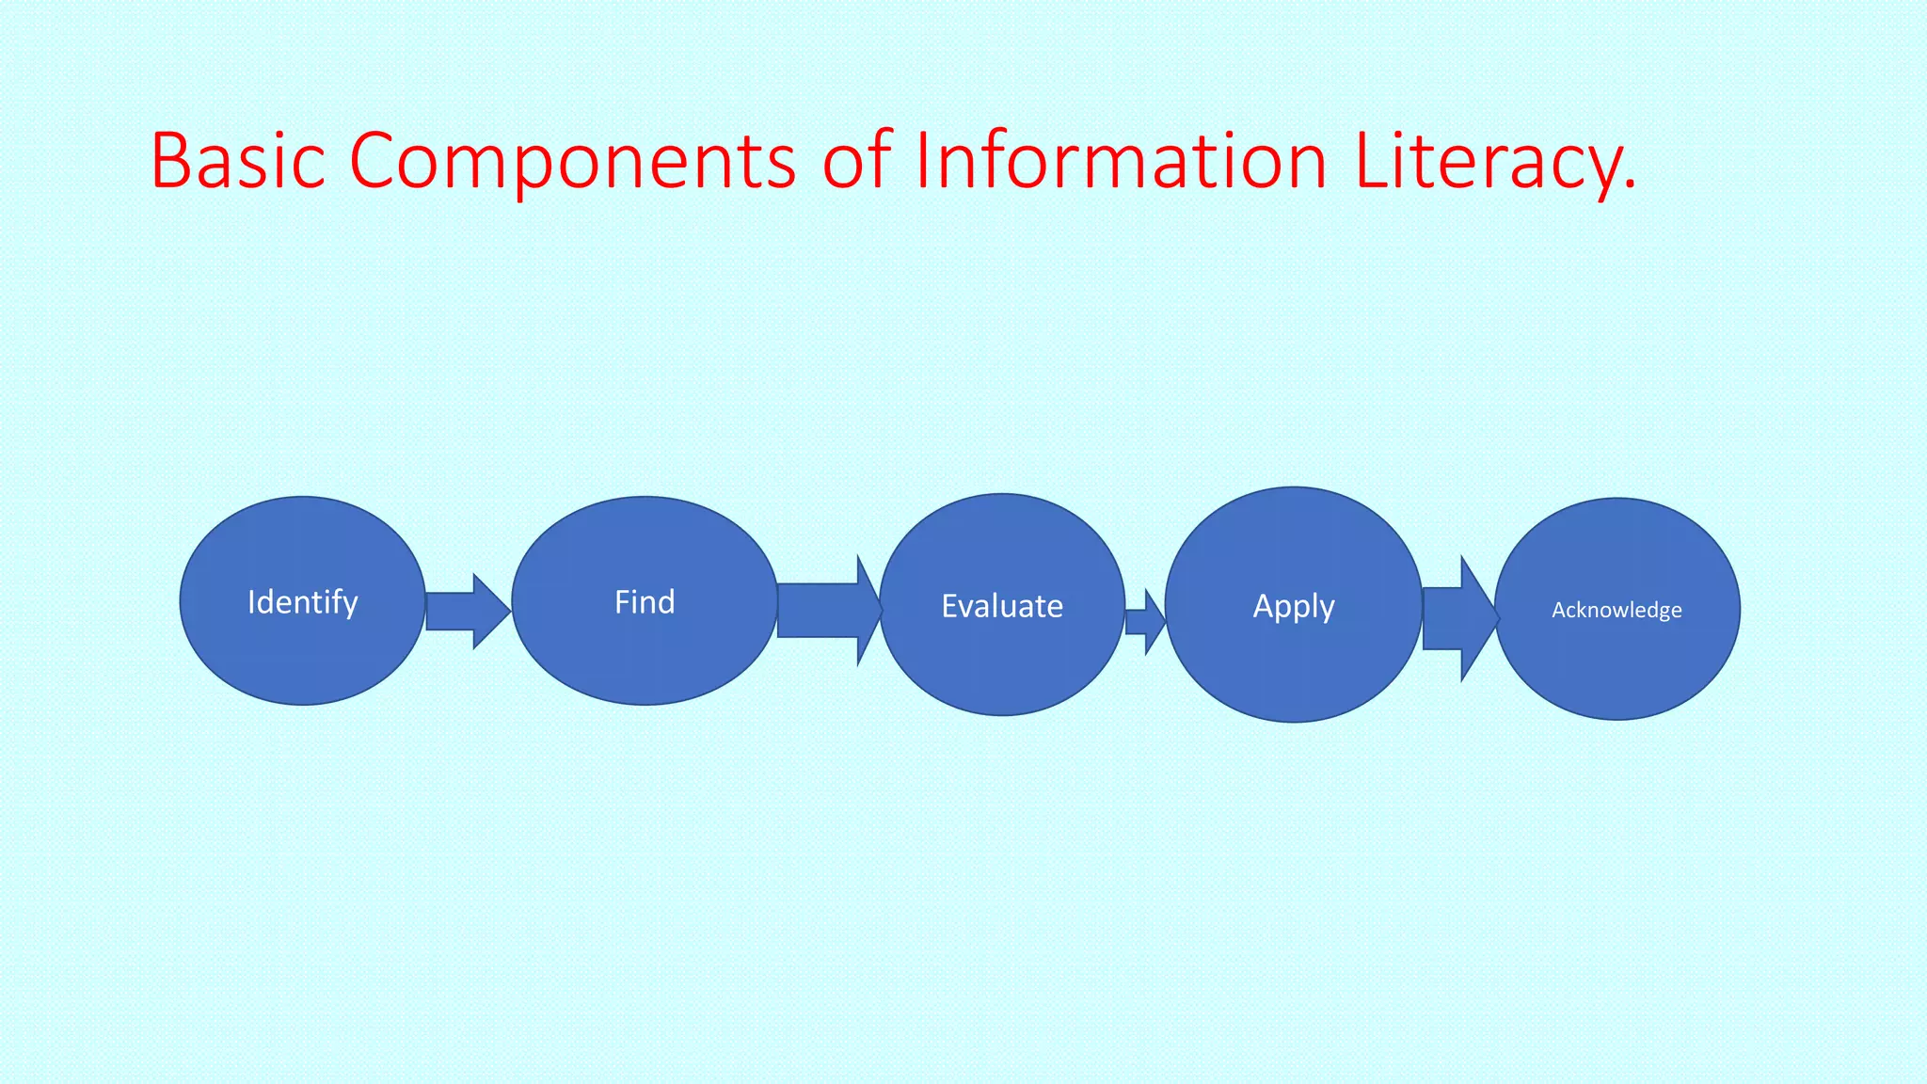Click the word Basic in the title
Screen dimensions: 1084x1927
238,161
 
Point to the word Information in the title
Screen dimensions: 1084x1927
1121,161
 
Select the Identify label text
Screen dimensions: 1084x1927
303,602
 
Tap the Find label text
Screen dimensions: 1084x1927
645,602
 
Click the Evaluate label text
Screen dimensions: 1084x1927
1002,606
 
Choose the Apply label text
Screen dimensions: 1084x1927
1294,606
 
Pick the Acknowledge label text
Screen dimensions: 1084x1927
1616,610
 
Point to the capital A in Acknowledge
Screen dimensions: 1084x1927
1558,610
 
